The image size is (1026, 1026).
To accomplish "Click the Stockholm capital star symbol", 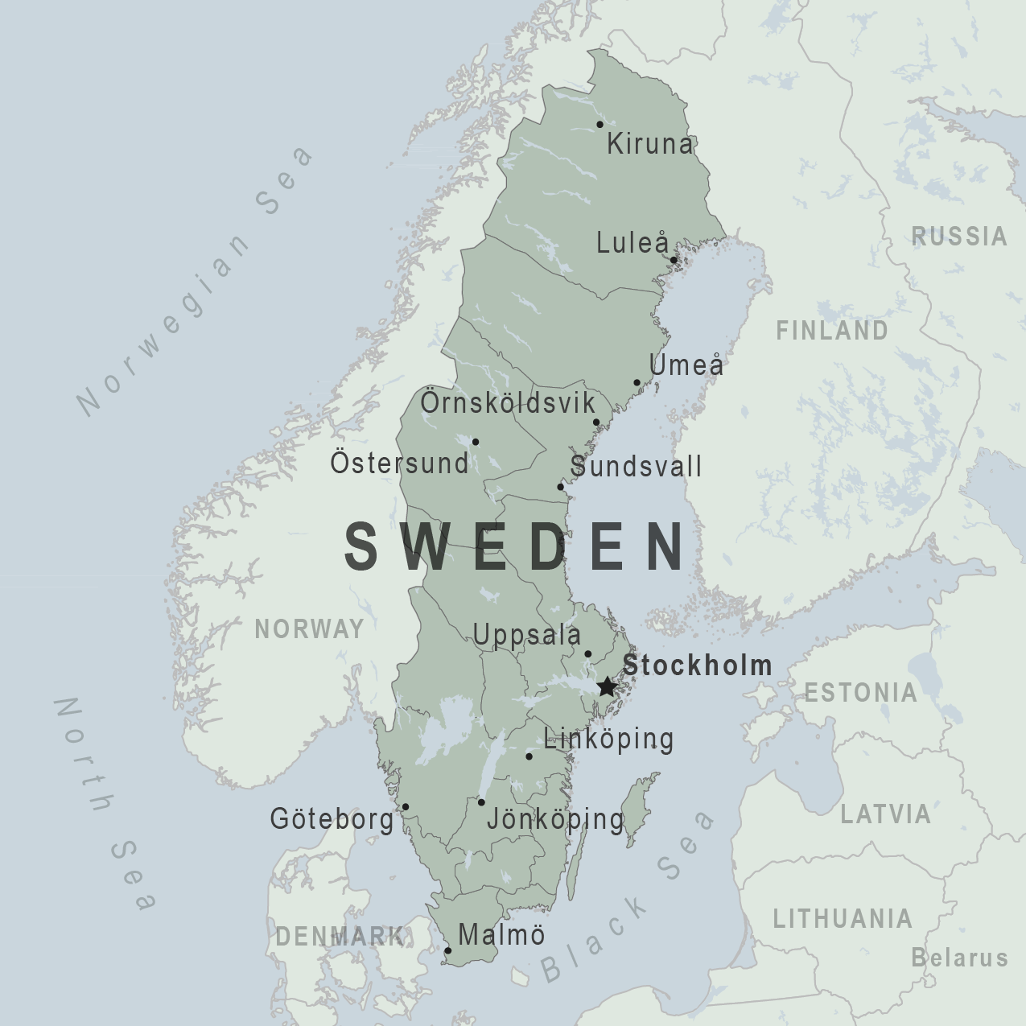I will point(607,687).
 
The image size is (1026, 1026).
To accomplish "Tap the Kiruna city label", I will point(649,144).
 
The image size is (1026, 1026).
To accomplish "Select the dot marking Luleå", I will point(674,260).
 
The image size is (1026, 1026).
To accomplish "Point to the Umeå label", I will point(686,365).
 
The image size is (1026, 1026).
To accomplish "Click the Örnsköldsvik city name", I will point(508,402).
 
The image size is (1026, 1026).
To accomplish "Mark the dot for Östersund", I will point(476,442).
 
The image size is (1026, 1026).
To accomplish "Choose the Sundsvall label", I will point(636,466).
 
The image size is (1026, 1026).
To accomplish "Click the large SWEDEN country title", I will point(516,546).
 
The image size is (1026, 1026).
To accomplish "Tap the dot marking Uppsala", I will point(587,654).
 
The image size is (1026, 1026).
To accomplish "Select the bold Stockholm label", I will point(697,665).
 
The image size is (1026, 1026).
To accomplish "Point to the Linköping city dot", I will point(529,756).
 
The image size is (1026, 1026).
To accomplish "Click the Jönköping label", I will point(555,819).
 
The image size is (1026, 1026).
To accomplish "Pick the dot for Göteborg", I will point(406,807).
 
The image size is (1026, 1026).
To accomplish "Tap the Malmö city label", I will point(501,934).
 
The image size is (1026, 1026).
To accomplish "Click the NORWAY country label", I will point(310,628).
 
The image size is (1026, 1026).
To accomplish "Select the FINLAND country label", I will point(832,330).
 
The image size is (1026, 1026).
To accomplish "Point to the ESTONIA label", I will point(860,692).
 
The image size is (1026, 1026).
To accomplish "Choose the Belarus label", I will point(959,958).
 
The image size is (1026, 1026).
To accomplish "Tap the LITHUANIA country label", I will point(843,918).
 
